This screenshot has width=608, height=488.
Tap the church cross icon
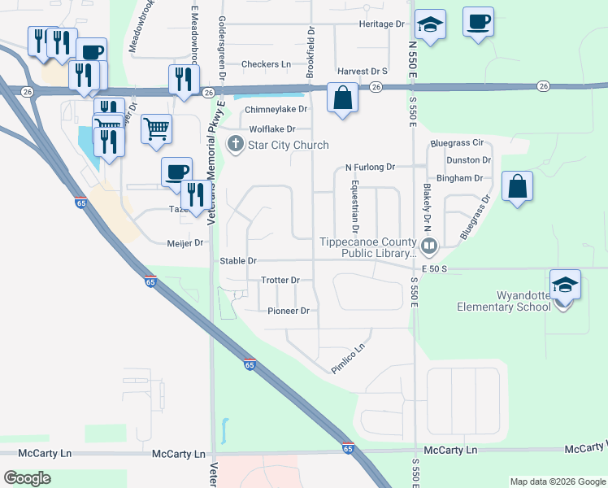pos(236,145)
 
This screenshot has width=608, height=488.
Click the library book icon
pos(429,243)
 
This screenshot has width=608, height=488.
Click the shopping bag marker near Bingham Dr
pos(517,187)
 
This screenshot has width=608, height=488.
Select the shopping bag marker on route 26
pos(343,98)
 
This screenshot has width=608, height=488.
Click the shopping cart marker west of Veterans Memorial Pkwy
pos(156,128)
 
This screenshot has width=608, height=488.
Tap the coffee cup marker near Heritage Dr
pos(478,21)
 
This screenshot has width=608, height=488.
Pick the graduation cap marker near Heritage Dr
pos(430,24)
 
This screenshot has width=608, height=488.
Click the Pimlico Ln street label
pos(350,359)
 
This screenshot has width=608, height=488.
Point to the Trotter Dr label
pos(280,280)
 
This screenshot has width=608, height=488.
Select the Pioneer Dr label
pos(289,311)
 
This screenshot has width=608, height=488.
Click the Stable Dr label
pos(238,261)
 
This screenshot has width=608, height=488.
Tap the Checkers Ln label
pos(266,64)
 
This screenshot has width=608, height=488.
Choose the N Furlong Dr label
pos(369,167)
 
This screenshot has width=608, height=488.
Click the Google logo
pos(28,479)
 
